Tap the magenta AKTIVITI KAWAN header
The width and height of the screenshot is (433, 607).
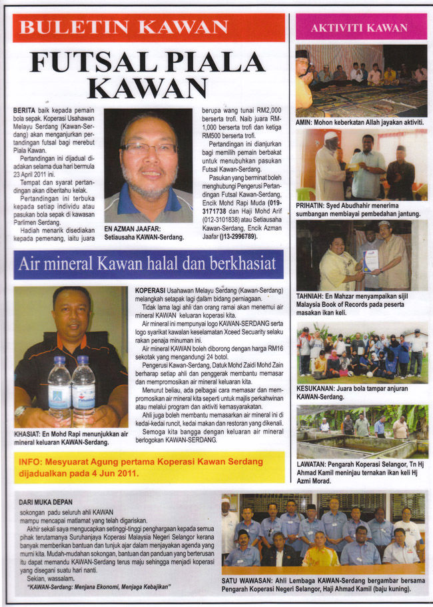point(360,28)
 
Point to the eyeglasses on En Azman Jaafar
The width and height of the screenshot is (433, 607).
point(149,148)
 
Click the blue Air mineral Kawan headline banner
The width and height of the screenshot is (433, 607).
point(148,264)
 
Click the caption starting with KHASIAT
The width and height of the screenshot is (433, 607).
point(70,438)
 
